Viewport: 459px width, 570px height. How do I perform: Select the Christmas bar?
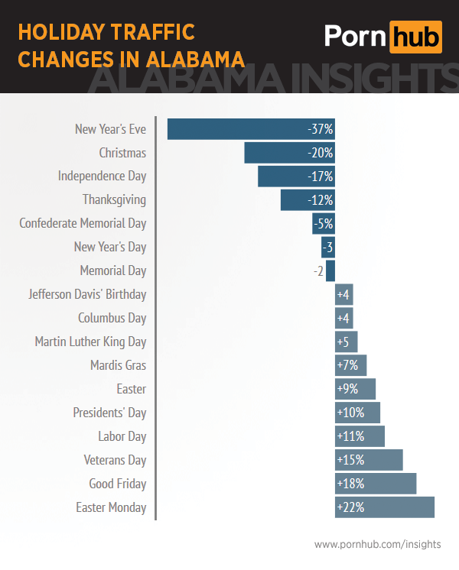coord(275,153)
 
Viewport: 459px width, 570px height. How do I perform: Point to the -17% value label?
coord(320,177)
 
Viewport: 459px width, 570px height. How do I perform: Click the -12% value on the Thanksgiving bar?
coord(320,200)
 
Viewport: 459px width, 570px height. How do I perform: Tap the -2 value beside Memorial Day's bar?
coord(318,271)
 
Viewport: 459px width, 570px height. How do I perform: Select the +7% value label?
coord(347,365)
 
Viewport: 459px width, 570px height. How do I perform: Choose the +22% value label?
coord(350,507)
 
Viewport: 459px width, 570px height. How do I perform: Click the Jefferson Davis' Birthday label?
coord(87,294)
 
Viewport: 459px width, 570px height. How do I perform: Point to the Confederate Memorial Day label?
coord(83,224)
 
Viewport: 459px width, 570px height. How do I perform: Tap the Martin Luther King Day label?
coord(90,342)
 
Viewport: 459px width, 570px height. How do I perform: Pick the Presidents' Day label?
coord(109,413)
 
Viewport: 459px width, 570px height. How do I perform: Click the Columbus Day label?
coord(112,318)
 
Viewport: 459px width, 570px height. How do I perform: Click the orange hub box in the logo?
coord(415,37)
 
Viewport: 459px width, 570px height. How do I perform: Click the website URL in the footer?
coord(377,544)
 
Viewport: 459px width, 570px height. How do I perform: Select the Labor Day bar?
coord(360,436)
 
